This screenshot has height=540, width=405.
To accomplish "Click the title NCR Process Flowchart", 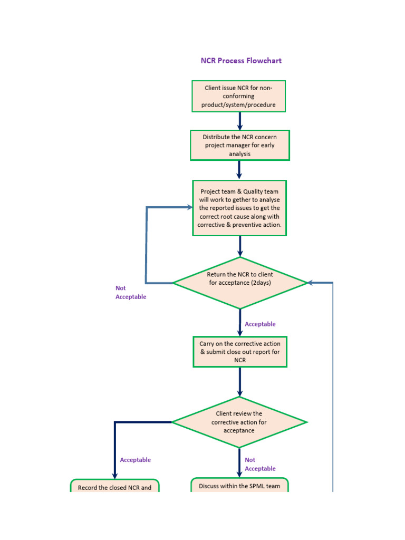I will (x=241, y=61).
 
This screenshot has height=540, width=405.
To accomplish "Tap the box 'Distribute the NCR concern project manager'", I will (x=239, y=145).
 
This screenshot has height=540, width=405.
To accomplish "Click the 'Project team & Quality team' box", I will (x=240, y=208).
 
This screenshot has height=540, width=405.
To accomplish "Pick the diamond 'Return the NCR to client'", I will (x=240, y=283).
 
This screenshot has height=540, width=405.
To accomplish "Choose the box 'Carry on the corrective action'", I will (x=240, y=352).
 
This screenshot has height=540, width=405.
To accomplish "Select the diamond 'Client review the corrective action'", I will (x=239, y=422).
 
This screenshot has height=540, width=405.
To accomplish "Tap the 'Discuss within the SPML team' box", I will (x=239, y=486).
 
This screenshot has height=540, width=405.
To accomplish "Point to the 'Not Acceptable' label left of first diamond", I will (x=130, y=293).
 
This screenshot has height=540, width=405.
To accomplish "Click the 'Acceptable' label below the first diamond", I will (x=260, y=324).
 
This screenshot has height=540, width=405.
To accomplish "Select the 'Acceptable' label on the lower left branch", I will (x=135, y=460).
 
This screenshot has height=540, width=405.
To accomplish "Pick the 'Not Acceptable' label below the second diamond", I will (x=260, y=464).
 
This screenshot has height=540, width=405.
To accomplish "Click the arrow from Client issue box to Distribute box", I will (x=240, y=121).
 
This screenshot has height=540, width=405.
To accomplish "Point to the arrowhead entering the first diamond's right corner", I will (x=312, y=283).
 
